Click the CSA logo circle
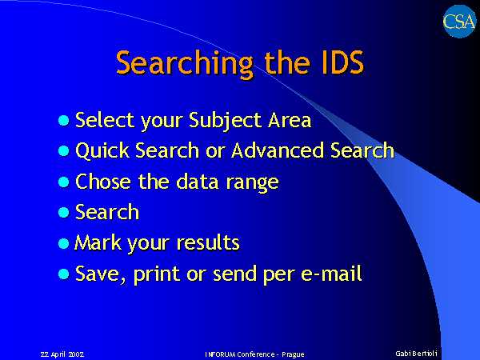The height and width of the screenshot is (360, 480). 459,22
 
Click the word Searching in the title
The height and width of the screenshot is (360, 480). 185,63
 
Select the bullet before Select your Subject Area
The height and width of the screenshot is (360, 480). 64,120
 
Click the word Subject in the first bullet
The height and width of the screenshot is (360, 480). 225,121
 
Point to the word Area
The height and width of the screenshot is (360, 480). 290,120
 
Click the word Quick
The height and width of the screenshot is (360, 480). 102,150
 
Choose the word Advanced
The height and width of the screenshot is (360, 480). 278,150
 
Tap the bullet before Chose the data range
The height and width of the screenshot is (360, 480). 64,182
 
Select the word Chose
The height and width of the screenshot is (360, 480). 103,182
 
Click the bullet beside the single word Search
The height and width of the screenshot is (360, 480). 64,212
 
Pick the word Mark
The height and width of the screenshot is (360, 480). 98,242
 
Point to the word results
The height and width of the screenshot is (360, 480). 208,242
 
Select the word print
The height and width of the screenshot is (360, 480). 157,274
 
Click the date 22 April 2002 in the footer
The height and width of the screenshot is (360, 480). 62,354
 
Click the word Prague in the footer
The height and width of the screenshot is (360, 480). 293,354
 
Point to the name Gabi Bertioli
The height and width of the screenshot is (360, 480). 416,354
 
